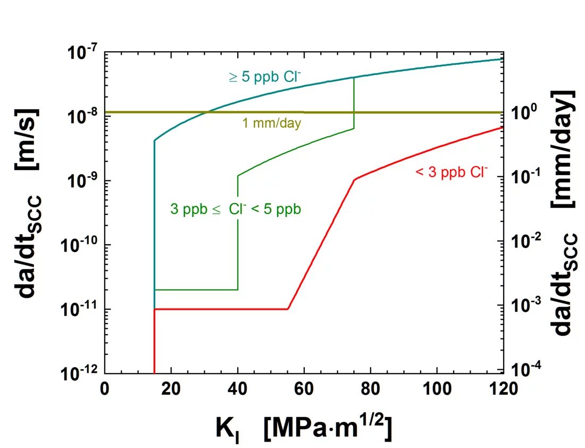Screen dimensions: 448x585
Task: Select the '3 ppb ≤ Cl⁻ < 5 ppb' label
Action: coord(235,209)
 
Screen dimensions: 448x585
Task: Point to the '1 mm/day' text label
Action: coord(272,123)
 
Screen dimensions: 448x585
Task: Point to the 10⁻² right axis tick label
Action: coord(523,240)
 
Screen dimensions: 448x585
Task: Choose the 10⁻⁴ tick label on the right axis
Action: coord(523,369)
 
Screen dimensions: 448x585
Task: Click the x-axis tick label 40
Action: coord(237,389)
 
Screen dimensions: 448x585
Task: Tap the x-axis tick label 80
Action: coord(370,389)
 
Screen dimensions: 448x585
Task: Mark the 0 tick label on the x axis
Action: coord(105,389)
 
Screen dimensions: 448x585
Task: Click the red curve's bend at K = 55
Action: coord(288,309)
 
